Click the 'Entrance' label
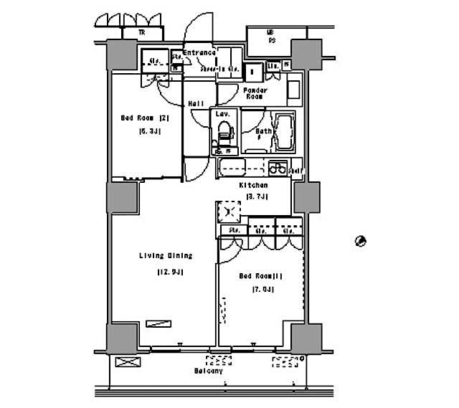click(199, 53)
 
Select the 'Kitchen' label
click(253, 185)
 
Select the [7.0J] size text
click(263, 290)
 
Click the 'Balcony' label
click(208, 371)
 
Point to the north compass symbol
click(361, 240)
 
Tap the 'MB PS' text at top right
click(270, 37)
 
